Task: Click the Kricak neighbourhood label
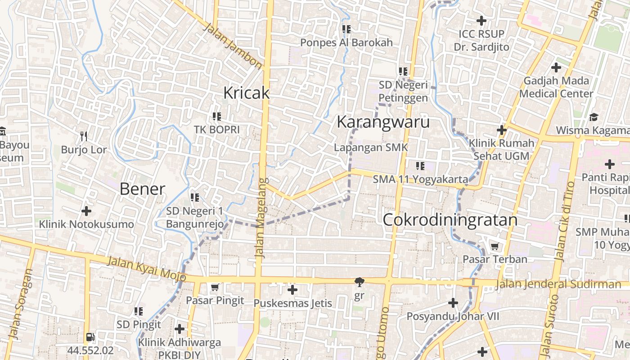click(x=246, y=93)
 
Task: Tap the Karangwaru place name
click(x=383, y=122)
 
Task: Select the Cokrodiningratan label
click(x=450, y=220)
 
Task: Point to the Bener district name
click(x=142, y=189)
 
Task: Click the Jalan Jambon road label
click(x=233, y=46)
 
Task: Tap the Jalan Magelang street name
click(x=261, y=218)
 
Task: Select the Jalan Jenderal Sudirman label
click(x=558, y=284)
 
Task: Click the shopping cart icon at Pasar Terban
click(x=495, y=247)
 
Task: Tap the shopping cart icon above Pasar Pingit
click(x=215, y=287)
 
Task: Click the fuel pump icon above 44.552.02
click(x=90, y=337)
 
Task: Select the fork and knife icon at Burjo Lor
click(x=84, y=136)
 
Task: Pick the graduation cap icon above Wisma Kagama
click(x=594, y=117)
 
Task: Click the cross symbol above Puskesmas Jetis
click(x=292, y=290)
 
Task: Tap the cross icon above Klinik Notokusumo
click(x=86, y=211)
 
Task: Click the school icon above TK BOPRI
click(x=216, y=117)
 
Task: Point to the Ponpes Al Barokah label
click(x=346, y=43)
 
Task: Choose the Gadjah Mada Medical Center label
click(x=556, y=87)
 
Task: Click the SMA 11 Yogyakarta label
click(x=420, y=179)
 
